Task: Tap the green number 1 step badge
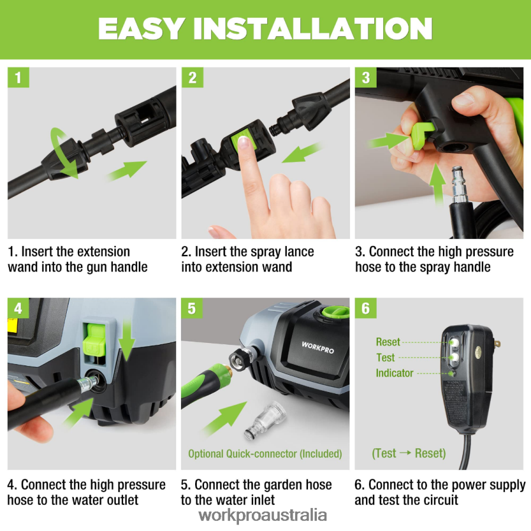pos(18,77)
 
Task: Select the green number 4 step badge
pos(18,308)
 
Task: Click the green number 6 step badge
pos(365,308)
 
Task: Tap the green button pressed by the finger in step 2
pos(241,142)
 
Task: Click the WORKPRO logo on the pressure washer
pos(318,347)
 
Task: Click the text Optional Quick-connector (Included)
pos(265,454)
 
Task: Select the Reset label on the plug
pos(388,342)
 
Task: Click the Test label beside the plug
pos(386,358)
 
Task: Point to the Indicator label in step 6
pos(394,373)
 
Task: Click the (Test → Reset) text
pos(409,454)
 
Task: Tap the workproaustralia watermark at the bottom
pos(263,514)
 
